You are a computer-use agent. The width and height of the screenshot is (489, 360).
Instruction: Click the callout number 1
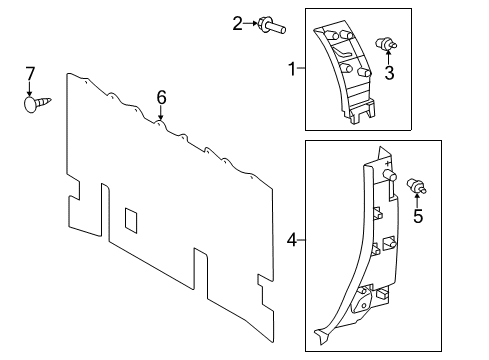tap(291, 69)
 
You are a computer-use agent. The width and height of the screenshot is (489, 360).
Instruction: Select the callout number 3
tap(390, 73)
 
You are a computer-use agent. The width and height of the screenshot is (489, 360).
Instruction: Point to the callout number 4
tap(291, 240)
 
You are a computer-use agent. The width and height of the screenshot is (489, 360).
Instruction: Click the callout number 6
tap(160, 97)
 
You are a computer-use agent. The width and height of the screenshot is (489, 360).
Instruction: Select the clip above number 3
tap(385, 44)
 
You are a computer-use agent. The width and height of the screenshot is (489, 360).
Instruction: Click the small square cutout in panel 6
tap(130, 217)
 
